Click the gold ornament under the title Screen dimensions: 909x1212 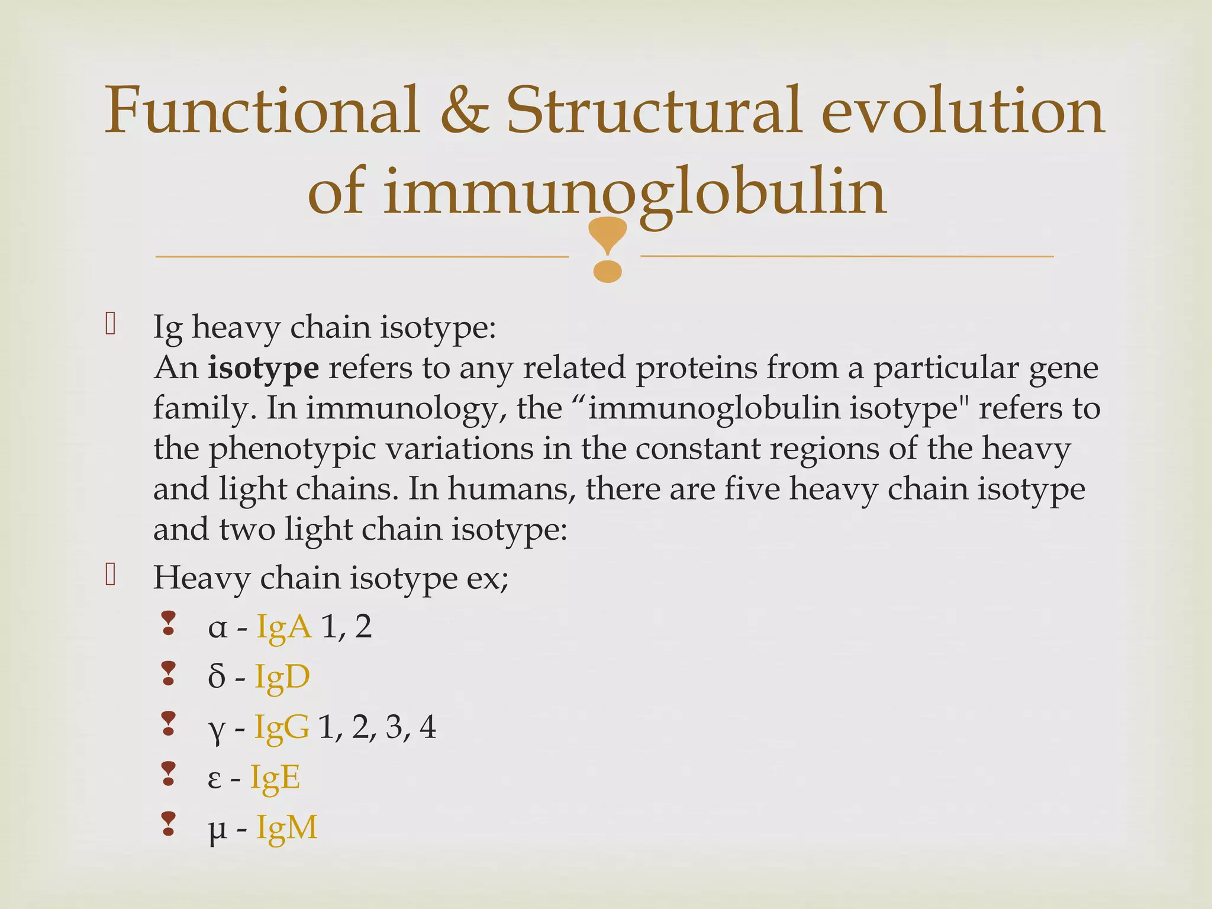608,249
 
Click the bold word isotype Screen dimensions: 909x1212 263,368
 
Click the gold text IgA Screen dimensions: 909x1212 283,627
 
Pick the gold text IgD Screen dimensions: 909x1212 282,677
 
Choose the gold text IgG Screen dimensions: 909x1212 281,727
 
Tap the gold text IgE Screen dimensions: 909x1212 275,778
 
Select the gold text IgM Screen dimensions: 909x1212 287,828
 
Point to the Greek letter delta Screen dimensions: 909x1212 217,677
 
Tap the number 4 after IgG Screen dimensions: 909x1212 427,727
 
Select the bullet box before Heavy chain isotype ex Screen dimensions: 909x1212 111,575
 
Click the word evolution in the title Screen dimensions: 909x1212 963,111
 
